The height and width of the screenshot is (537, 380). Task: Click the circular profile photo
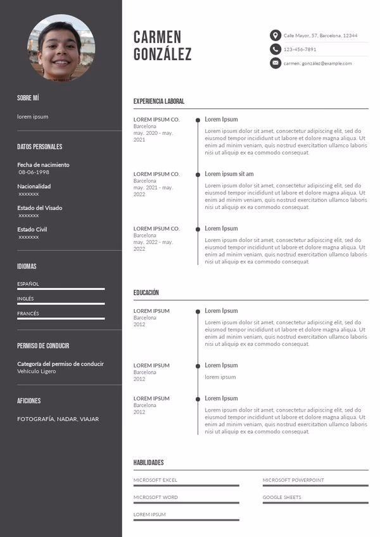click(61, 47)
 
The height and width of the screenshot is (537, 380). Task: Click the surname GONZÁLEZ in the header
click(162, 55)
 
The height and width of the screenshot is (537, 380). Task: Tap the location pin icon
click(275, 35)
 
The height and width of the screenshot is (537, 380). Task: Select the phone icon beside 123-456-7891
click(275, 49)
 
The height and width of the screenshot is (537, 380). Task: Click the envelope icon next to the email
click(275, 63)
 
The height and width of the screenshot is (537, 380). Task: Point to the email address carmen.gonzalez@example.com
click(317, 63)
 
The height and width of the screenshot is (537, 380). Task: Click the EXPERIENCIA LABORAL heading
click(159, 101)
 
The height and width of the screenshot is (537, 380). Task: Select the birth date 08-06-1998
click(34, 172)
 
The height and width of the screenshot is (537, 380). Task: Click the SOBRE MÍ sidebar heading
click(28, 98)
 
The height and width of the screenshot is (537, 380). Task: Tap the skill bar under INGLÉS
click(61, 304)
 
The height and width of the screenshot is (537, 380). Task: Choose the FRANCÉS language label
click(28, 313)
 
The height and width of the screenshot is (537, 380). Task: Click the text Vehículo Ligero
click(37, 371)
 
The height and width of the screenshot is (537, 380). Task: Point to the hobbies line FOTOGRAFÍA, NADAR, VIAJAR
click(58, 419)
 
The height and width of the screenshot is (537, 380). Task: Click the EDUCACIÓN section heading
click(146, 293)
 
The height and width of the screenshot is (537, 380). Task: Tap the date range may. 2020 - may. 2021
click(153, 136)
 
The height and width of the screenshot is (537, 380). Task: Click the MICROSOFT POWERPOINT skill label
click(293, 480)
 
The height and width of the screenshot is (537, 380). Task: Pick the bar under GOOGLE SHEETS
click(315, 503)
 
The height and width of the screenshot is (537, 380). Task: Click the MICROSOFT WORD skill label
click(156, 497)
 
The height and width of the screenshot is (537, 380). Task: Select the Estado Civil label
click(32, 229)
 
